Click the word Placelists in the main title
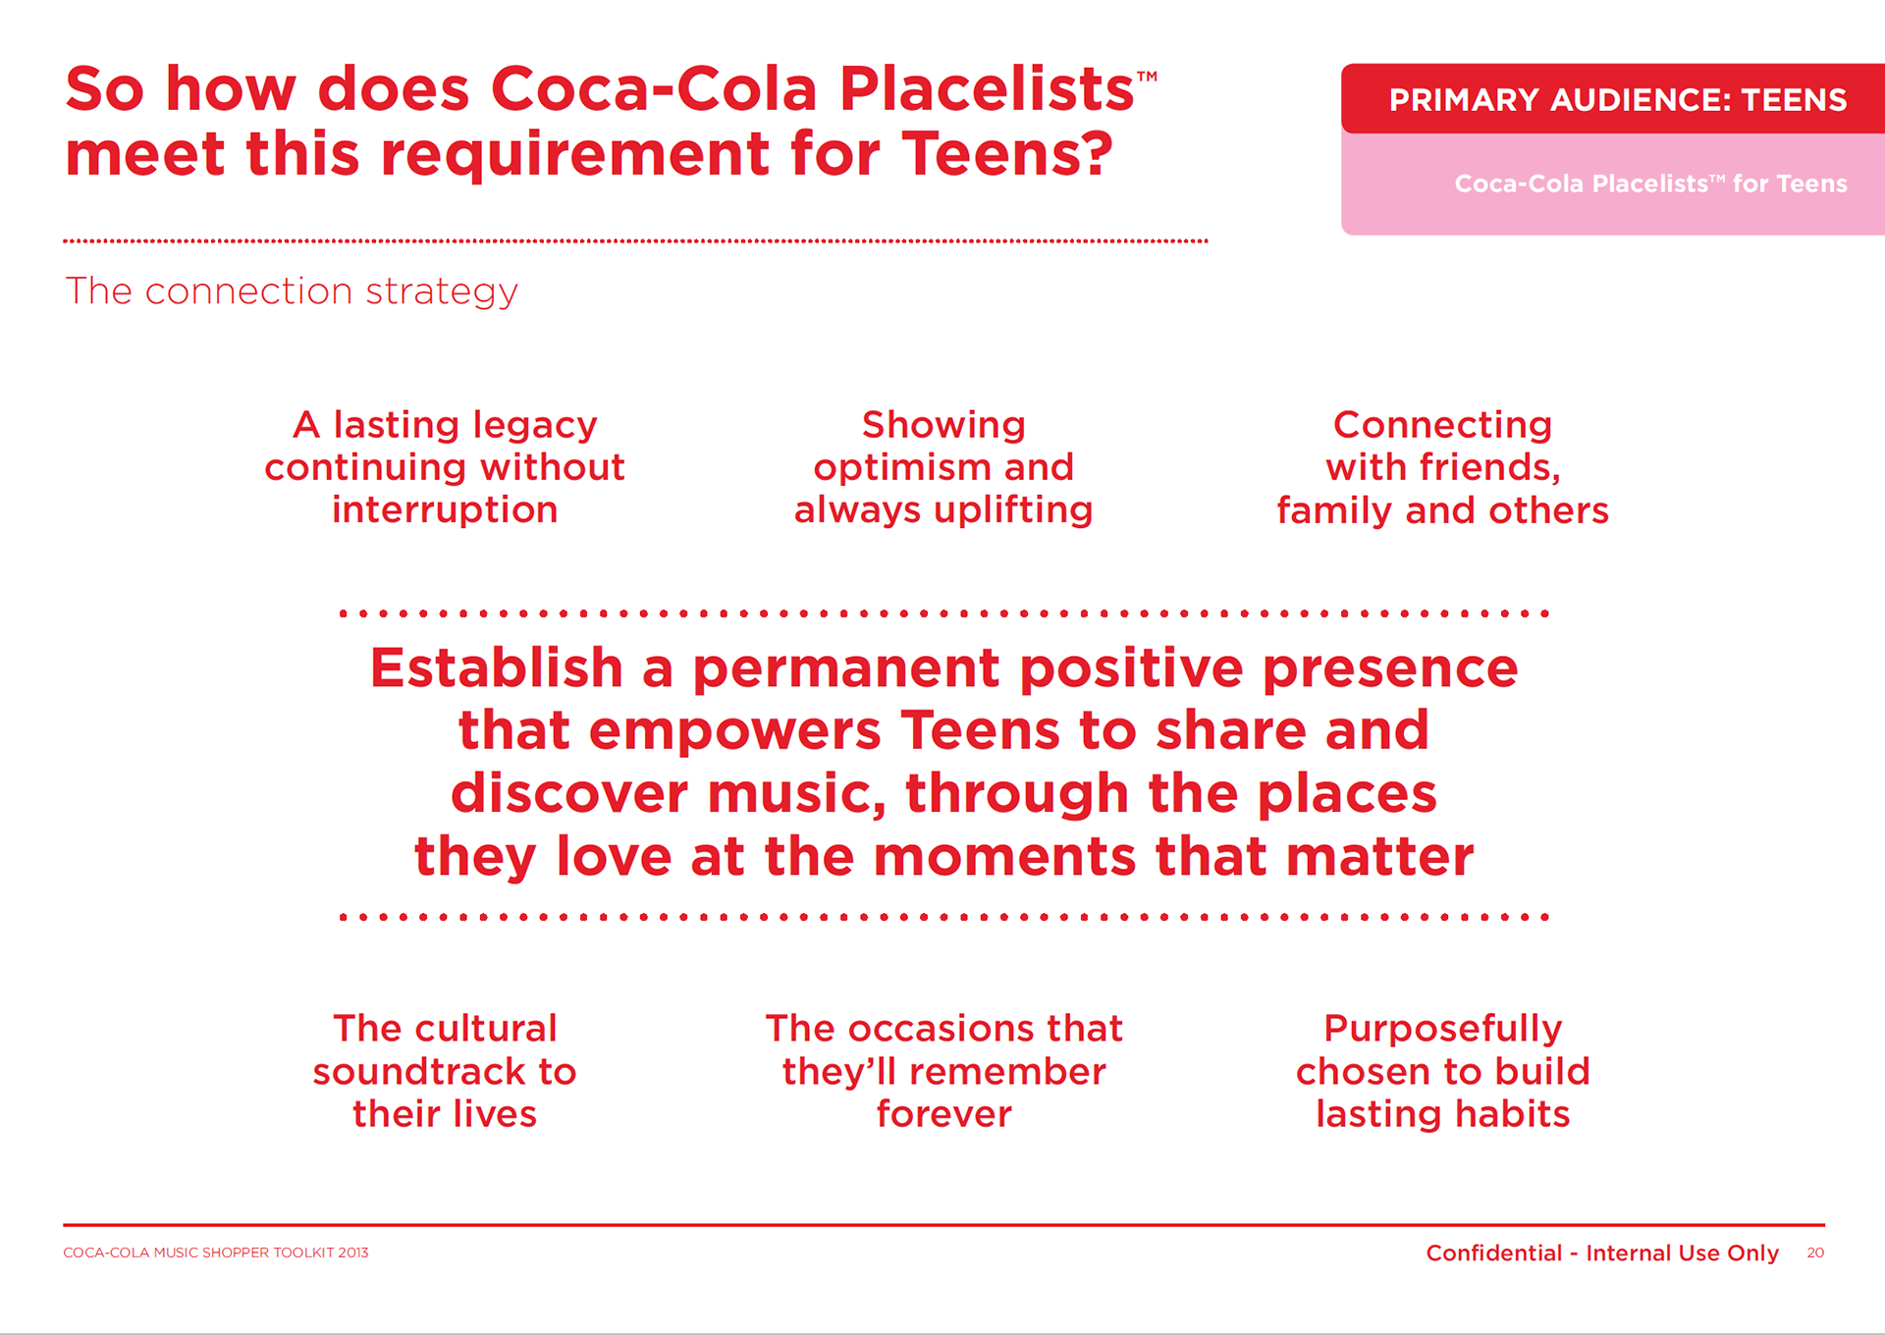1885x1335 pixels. coord(987,88)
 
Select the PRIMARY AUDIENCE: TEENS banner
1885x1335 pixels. coord(1613,99)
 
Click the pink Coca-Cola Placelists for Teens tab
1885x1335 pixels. coord(1613,184)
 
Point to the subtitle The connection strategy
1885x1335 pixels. coord(292,292)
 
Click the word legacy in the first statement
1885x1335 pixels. coord(534,425)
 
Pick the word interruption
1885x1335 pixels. coord(445,509)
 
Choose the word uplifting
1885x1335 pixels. coord(1013,509)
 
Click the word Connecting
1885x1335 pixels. coord(1442,425)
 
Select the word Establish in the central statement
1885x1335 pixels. coord(497,667)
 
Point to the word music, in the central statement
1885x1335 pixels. coord(797,793)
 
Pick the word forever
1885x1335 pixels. coord(943,1114)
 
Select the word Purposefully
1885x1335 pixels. coord(1442,1029)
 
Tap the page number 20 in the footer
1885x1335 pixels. coord(1815,1253)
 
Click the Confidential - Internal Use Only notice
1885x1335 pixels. coord(1602,1253)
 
